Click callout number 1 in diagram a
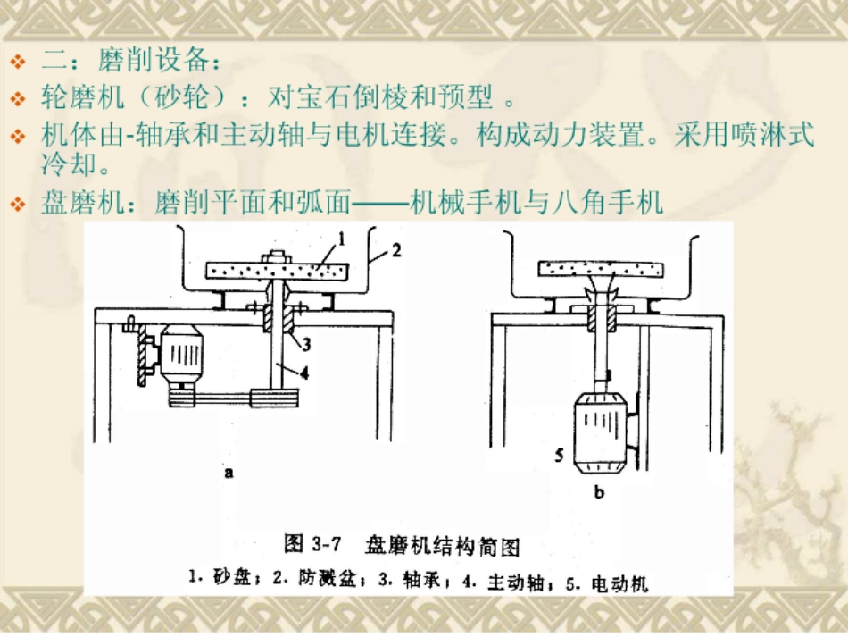coord(341,238)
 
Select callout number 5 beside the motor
coord(559,455)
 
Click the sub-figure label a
coord(229,474)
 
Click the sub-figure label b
coord(600,490)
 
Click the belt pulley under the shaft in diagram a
coord(279,398)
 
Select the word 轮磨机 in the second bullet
coord(70,97)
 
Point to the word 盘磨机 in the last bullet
coord(70,205)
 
